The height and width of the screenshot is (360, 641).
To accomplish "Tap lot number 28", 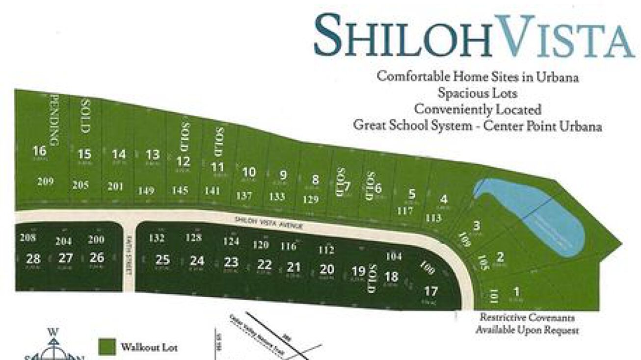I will coord(33,258).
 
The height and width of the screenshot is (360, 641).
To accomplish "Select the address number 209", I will coord(45,181).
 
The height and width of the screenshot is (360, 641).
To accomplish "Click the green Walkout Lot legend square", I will coord(107,347).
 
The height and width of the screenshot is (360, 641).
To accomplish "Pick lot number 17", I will coord(430,291).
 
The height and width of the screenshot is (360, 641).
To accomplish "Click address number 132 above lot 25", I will coord(157,238).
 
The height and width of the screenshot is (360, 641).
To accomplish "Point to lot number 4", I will coord(444,200).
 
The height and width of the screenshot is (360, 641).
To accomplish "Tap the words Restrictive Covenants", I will coord(527,317).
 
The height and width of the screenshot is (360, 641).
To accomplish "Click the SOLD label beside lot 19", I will coord(371,279).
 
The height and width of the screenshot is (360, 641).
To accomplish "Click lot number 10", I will coord(249,172).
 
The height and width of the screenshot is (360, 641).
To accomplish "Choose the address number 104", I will coord(394,256).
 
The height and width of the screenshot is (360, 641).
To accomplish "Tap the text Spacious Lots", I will coord(477,92).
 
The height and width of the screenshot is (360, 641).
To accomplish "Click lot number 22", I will coord(264,265).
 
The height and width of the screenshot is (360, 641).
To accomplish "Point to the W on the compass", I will coord(53,332).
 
